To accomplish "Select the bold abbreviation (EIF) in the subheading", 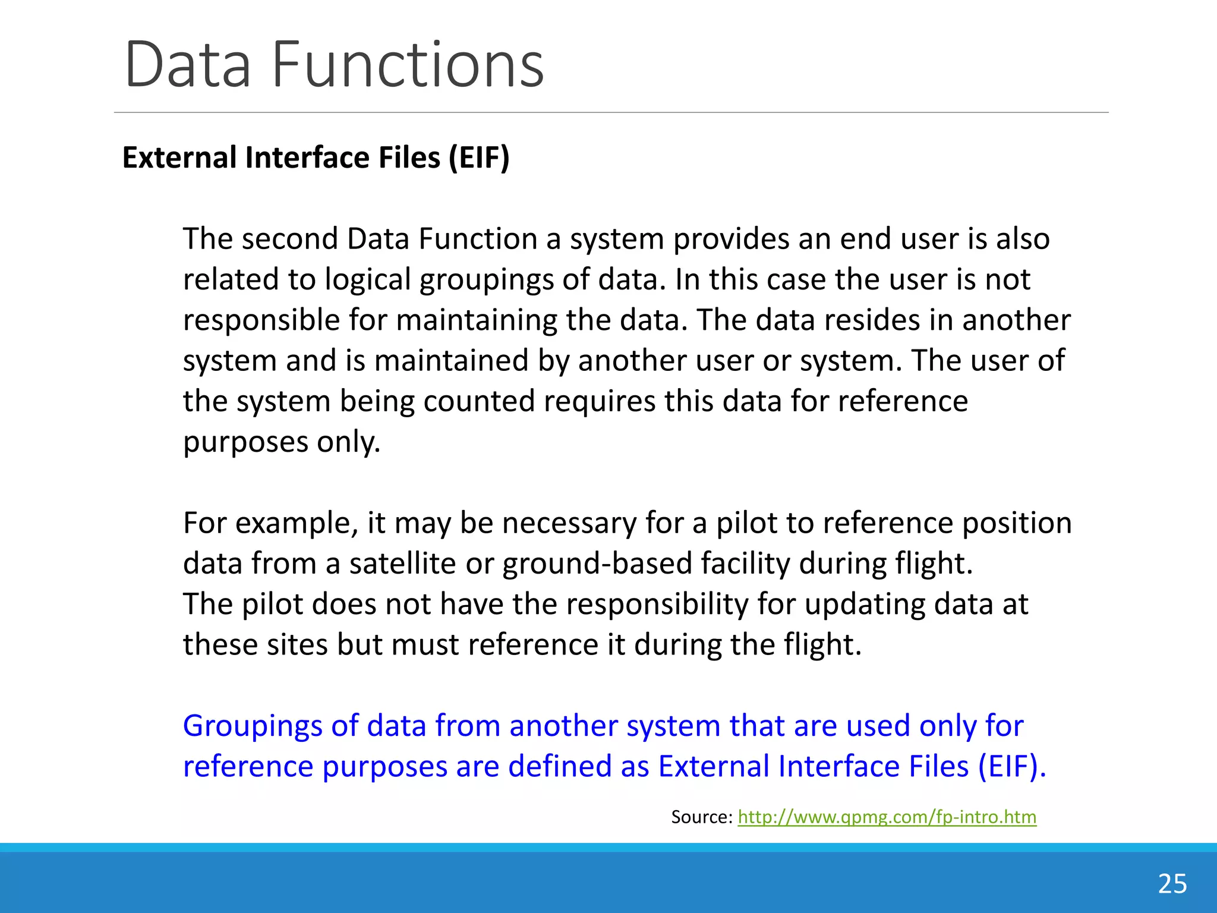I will click(x=479, y=158).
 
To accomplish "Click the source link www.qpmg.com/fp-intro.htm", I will click(x=887, y=817).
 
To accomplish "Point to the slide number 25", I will click(x=1172, y=884).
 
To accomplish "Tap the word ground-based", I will click(x=597, y=564).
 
